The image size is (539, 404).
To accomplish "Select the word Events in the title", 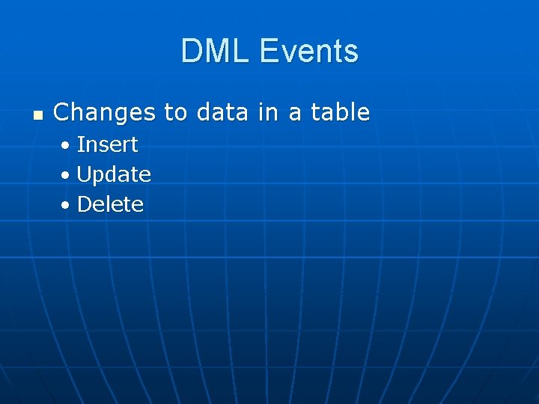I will coord(308,52).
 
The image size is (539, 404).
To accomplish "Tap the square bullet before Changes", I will coord(37,115).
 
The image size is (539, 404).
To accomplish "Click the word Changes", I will coord(104,113).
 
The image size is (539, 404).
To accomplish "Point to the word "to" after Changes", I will coord(176,113).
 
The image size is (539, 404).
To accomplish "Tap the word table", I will coord(341,113).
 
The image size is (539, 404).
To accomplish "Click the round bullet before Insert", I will coord(67,145).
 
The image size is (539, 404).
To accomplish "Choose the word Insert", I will coord(107,144).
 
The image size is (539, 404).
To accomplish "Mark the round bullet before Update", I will coord(67,175).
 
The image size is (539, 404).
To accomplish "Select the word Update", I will coord(114,175).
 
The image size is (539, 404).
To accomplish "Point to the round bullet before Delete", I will coord(67,205).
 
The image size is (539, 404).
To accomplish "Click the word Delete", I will coord(110,204).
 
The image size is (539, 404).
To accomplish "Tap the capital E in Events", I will coord(268,52).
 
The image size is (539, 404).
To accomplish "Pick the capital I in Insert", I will coord(80,144).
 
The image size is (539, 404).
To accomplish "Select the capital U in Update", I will coord(84,174).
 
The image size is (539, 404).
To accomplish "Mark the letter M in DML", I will coord(217,52).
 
